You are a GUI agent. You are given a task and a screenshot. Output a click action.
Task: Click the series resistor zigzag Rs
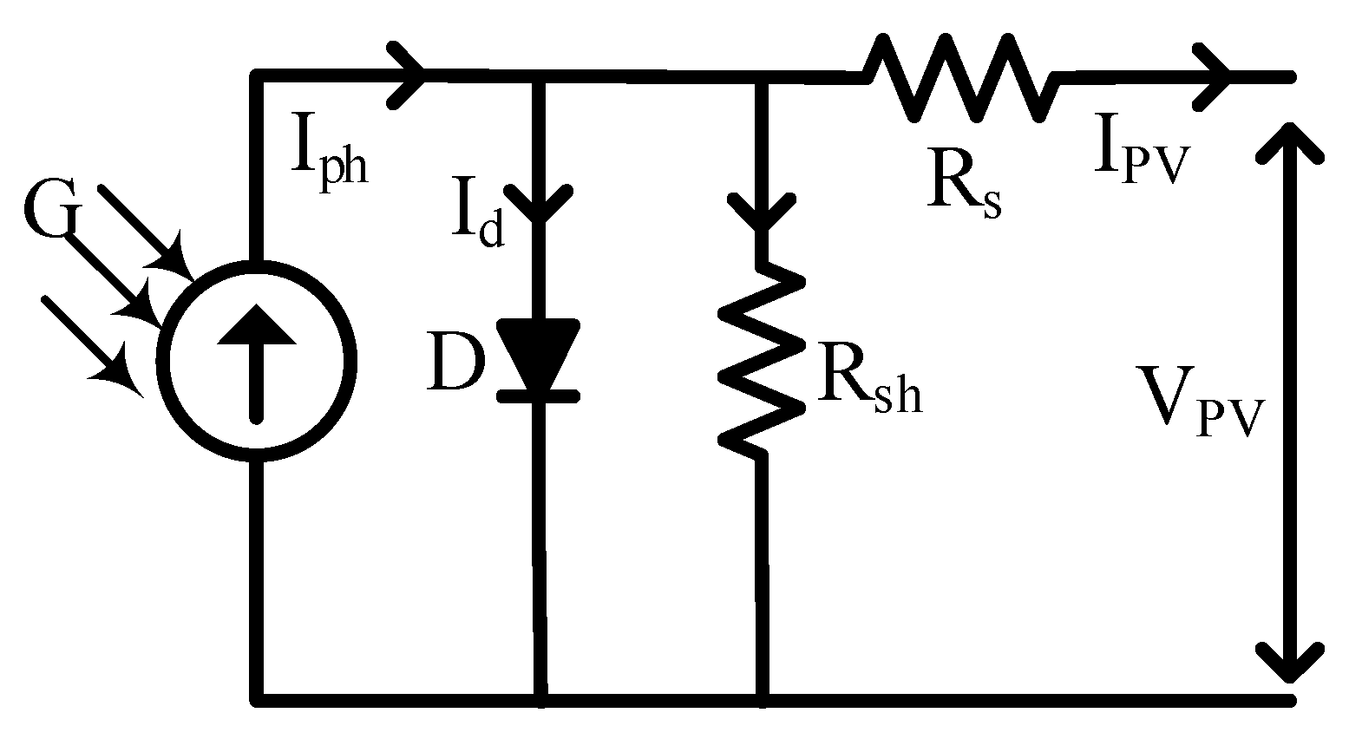(x=960, y=77)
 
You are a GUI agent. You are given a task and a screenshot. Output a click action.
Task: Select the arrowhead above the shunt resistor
(x=761, y=212)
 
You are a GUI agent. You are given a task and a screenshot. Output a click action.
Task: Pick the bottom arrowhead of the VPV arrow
(x=1292, y=663)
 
